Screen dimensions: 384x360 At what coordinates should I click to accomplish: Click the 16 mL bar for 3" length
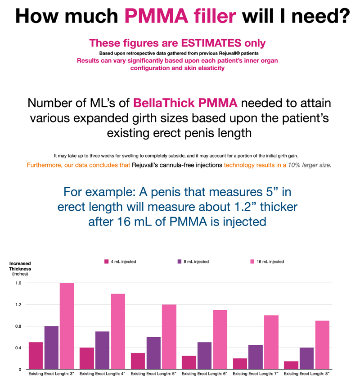pos(67,326)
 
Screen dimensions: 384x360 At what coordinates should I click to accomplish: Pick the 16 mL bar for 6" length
pos(220,339)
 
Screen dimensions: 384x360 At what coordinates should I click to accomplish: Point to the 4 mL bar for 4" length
pos(87,358)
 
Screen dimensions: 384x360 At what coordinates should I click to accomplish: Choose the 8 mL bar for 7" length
pos(256,357)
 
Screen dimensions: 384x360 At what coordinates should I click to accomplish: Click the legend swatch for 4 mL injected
pos(107,262)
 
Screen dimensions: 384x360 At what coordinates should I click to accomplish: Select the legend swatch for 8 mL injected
pos(180,262)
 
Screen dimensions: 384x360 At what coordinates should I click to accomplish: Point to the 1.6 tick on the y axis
pos(18,283)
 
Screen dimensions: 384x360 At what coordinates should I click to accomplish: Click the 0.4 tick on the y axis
pos(18,348)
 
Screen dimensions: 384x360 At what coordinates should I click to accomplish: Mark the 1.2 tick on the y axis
pos(18,305)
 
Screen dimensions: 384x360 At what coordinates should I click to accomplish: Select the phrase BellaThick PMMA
pos(185,103)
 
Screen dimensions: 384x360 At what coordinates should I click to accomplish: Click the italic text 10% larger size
pos(310,165)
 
